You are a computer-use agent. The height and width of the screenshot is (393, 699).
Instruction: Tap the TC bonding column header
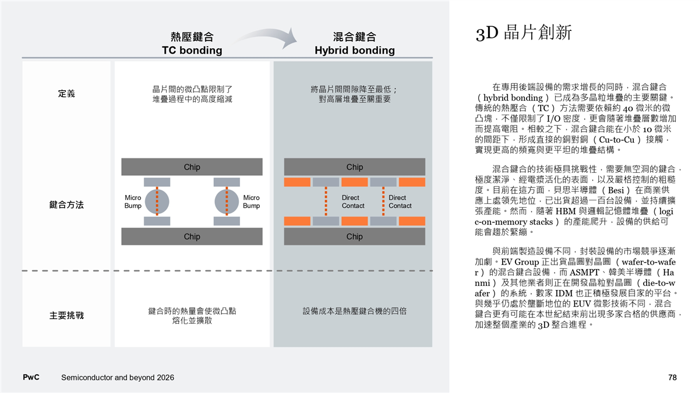192,44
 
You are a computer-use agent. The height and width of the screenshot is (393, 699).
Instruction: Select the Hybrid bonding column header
354,44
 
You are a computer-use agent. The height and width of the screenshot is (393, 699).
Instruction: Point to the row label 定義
66,94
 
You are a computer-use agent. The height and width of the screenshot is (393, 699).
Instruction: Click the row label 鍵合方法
66,205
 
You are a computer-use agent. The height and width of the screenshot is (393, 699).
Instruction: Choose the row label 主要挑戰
66,316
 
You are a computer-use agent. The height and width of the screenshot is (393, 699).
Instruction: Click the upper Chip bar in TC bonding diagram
192,167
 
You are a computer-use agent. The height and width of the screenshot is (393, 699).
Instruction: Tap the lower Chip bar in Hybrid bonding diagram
354,236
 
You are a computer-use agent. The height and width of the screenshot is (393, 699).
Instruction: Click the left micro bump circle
157,201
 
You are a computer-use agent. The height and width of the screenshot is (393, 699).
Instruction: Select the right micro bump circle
227,201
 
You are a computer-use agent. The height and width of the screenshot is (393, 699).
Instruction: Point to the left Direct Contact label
353,201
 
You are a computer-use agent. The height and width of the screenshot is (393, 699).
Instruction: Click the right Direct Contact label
400,201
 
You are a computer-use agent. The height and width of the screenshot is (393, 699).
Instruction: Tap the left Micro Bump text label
133,201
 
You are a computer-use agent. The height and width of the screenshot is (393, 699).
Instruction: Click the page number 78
672,378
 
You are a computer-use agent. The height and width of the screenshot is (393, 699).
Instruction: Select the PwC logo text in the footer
31,377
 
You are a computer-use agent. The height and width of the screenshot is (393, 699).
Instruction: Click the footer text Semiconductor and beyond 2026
117,378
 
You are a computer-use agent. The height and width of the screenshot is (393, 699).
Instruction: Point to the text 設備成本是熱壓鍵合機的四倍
354,311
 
